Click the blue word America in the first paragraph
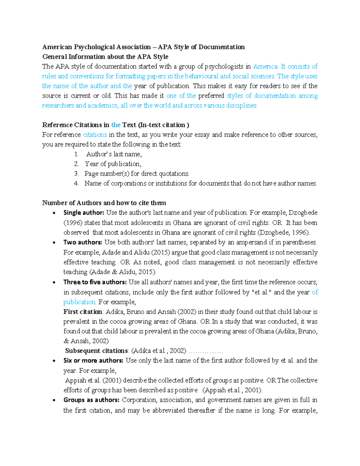tap(265, 66)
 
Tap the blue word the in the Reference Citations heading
tap(116, 125)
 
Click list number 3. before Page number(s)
tap(76, 174)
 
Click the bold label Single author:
tap(84, 213)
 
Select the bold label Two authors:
tap(82, 242)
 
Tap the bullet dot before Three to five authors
tap(54, 282)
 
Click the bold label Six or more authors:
tap(93, 360)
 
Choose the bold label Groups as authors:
tap(91, 400)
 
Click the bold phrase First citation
tap(83, 312)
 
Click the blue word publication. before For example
tap(79, 302)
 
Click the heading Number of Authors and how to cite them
tap(104, 203)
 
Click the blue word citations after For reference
tap(95, 135)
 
